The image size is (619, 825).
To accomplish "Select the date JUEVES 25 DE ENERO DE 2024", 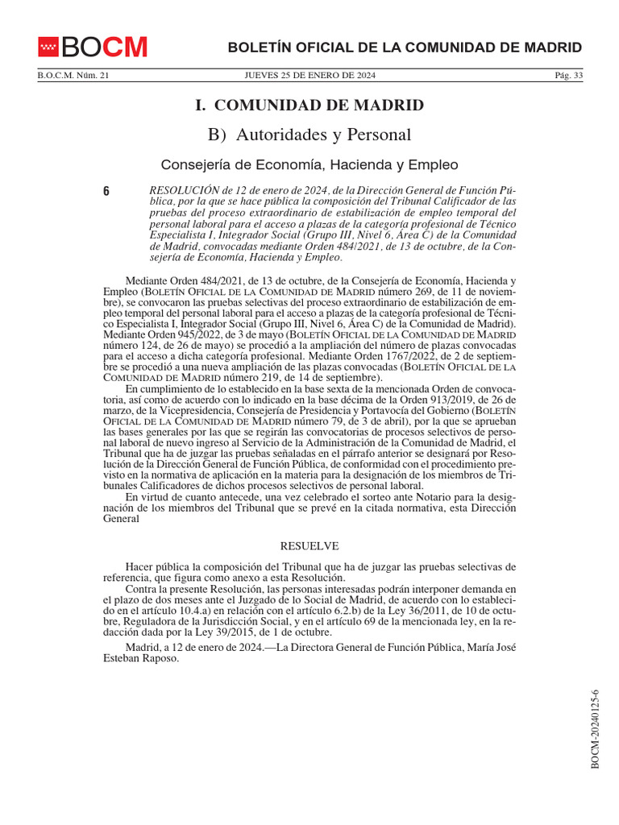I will click(x=309, y=76).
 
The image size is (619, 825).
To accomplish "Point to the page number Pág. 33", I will click(x=568, y=76).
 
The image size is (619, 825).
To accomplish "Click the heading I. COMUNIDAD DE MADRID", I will click(x=309, y=105).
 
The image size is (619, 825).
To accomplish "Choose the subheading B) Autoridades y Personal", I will click(x=309, y=135).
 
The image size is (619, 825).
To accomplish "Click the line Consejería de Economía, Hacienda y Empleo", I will click(x=309, y=164).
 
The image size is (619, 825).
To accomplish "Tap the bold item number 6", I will click(x=106, y=191).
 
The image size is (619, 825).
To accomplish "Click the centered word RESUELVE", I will click(x=309, y=546).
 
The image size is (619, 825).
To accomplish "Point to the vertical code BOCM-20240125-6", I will click(x=596, y=729).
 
